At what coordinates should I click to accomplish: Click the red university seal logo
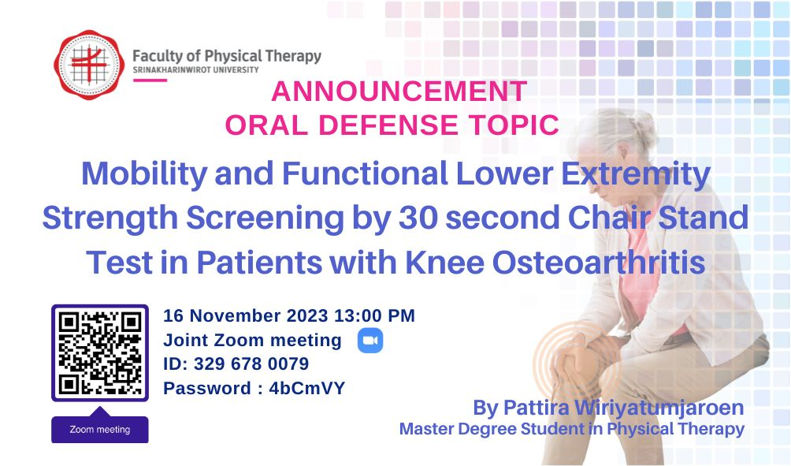tap(89, 64)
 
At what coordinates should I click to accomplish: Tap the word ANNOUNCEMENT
tap(399, 91)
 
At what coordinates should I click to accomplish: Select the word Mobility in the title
tap(144, 174)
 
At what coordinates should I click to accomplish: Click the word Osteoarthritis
tap(598, 263)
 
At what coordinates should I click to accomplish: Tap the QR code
tap(100, 353)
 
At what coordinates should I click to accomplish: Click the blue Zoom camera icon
tap(370, 341)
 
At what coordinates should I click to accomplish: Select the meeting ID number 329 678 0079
tap(251, 364)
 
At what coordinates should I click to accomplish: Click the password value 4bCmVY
tap(306, 388)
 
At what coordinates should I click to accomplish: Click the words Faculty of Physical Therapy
tap(227, 56)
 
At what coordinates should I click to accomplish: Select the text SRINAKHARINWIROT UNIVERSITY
tap(195, 69)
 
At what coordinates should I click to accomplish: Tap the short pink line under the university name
tap(150, 80)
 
